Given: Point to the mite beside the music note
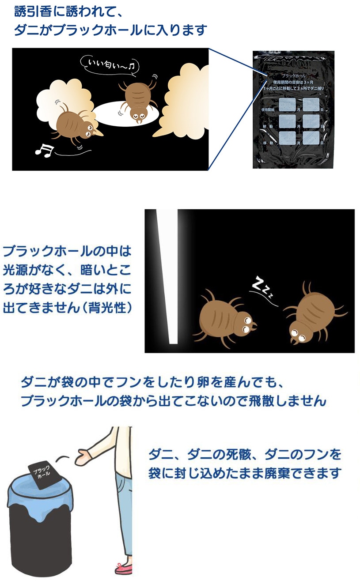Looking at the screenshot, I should coord(75,124).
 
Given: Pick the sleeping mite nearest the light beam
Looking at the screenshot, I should coord(226,316).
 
